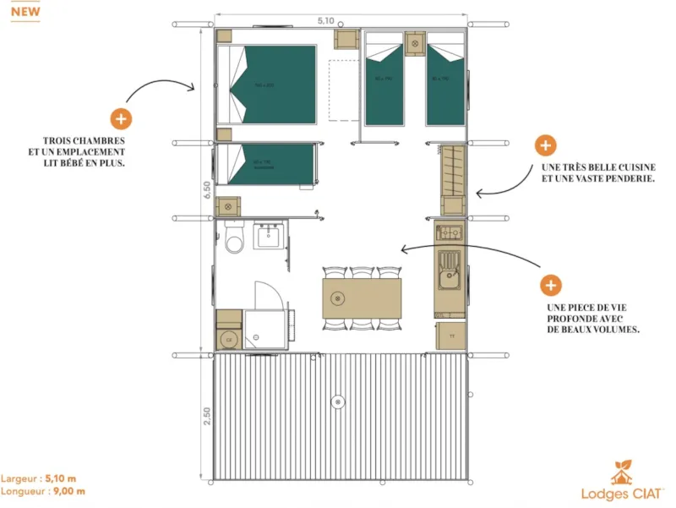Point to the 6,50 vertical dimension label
(x=205, y=190)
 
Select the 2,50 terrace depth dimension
(x=205, y=416)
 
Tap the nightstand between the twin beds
(x=414, y=42)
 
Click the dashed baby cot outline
(x=343, y=90)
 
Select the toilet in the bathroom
(x=234, y=239)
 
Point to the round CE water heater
(x=228, y=339)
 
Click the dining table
(x=362, y=298)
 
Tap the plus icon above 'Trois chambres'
(x=121, y=119)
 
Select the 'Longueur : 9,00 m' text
(x=44, y=491)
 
